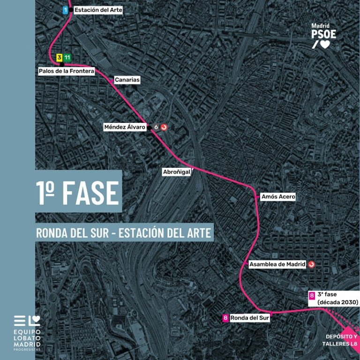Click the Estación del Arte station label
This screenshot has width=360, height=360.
click(x=98, y=9)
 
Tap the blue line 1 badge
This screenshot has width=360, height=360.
click(x=66, y=9)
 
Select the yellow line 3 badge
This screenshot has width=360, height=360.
click(x=59, y=58)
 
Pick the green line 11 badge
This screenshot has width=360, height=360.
click(x=67, y=58)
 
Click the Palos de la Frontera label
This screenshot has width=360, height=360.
click(x=67, y=71)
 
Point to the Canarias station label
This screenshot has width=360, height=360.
click(x=127, y=80)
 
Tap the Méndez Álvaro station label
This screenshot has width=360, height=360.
click(x=125, y=127)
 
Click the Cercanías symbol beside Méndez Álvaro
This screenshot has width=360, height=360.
click(x=164, y=127)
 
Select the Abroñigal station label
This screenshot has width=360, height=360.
click(x=176, y=172)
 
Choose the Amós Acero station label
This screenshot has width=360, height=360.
click(x=278, y=197)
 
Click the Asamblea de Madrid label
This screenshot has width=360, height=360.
click(x=277, y=264)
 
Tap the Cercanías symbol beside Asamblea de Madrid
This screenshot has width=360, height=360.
click(x=312, y=264)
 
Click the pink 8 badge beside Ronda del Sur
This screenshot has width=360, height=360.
click(x=226, y=318)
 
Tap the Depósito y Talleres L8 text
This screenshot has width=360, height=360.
click(x=341, y=340)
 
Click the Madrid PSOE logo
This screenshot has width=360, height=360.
click(x=323, y=36)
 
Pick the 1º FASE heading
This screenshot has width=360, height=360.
click(x=78, y=192)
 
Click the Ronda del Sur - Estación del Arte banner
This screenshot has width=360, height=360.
click(x=124, y=232)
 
